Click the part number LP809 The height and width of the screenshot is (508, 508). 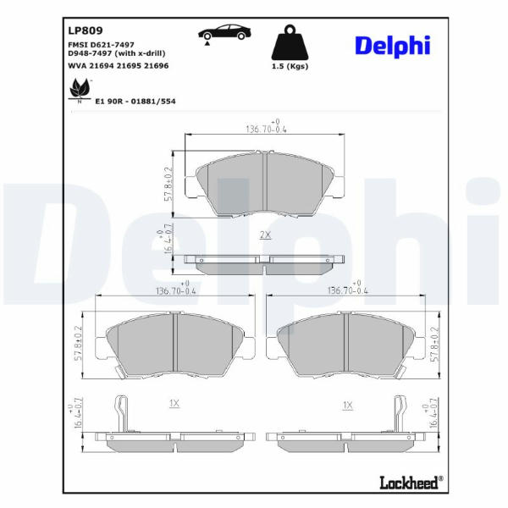coord(86,30)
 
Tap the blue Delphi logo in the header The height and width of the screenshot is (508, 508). coord(393,47)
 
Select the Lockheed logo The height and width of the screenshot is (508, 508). coord(411,482)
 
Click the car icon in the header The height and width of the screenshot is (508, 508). coord(224,34)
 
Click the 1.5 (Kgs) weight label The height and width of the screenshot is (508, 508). coord(290,66)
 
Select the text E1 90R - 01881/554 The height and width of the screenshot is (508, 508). coord(135,102)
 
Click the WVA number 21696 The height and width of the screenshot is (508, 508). coord(156,66)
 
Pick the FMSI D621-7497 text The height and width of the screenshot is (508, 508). coord(101,45)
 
